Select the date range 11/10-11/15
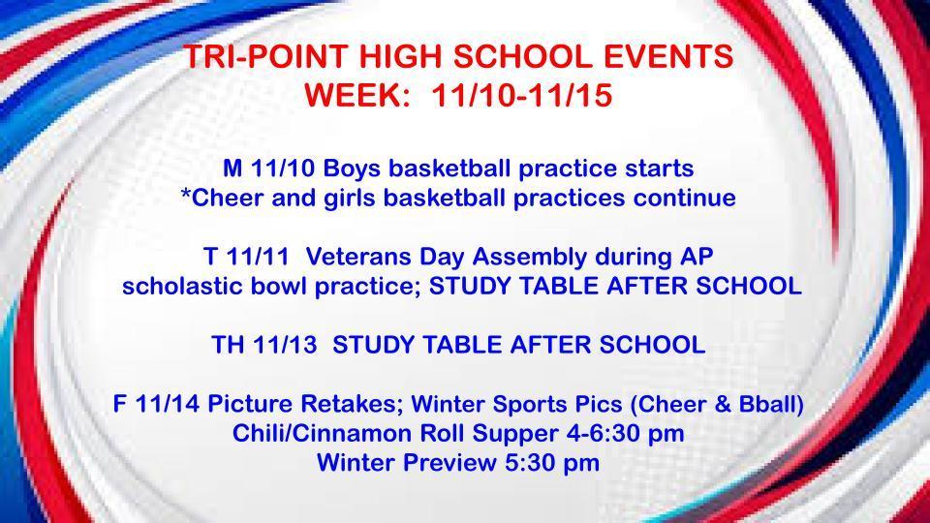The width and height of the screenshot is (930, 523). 521,97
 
